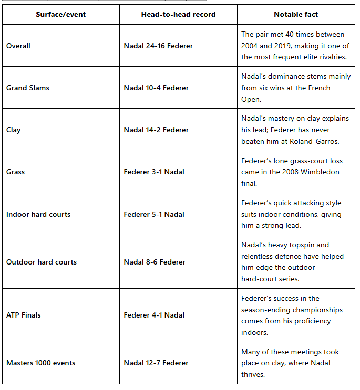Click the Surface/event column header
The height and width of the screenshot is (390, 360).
(x=61, y=14)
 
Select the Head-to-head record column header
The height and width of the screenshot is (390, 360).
(x=178, y=14)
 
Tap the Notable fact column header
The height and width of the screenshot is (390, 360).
(x=296, y=14)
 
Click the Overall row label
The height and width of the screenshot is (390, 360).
(x=18, y=46)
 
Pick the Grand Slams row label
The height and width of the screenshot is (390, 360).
(x=28, y=88)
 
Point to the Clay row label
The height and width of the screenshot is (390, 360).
(x=14, y=130)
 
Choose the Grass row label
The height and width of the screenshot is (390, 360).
(x=16, y=172)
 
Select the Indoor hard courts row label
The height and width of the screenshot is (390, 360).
(x=38, y=214)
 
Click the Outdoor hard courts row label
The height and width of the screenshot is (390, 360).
(x=42, y=262)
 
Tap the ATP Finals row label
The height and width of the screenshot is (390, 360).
(x=24, y=315)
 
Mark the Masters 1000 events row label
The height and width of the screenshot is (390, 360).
(x=41, y=363)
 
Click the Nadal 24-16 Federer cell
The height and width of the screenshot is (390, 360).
(x=158, y=46)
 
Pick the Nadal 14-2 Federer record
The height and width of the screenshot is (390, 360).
(x=156, y=130)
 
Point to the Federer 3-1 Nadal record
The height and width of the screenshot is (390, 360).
(x=154, y=172)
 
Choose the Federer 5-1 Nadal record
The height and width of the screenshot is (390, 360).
(x=154, y=214)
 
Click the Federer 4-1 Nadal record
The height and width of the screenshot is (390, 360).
(x=154, y=315)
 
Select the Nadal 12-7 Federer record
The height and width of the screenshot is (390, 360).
(x=156, y=363)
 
